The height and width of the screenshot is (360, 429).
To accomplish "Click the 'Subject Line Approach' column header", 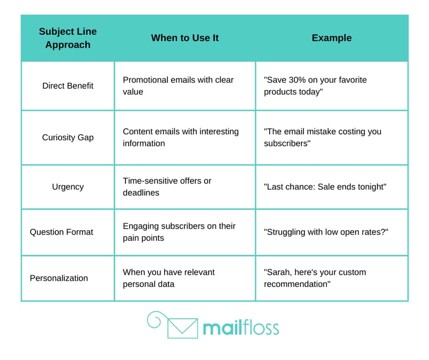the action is pos(68,38).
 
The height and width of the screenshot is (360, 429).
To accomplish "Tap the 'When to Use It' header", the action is pos(185,38).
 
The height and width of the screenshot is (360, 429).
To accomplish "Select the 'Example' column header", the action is pos(331,38).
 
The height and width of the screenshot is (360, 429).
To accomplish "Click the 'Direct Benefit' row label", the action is pos(68,86).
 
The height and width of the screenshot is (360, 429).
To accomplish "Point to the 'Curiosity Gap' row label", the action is pos(68,137).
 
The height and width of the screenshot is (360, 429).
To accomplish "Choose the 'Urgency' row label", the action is pos(68,187).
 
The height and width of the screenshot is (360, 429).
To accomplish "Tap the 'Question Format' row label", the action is pos(62,232).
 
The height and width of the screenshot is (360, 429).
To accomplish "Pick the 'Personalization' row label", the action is pos(59,278).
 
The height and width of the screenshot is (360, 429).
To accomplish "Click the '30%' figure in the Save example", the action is pos(297,79).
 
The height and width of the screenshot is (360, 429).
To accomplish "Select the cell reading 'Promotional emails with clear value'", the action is pos(178,86).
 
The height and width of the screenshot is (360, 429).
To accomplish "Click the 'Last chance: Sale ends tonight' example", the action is pos(325,187).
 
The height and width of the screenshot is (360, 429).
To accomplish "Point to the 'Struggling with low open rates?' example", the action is pos(326,232).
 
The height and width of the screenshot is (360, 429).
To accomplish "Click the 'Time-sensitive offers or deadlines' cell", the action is pos(167,187).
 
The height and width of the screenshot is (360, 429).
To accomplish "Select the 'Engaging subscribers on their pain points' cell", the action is pos(179,232).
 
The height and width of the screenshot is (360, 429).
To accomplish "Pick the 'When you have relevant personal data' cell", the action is pos(168,278).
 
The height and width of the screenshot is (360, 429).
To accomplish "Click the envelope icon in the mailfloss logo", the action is pos(182,328).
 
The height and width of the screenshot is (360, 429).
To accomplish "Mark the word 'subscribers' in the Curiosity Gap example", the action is pos(286,143).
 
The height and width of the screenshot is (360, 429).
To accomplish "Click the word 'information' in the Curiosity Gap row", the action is pos(144,143).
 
